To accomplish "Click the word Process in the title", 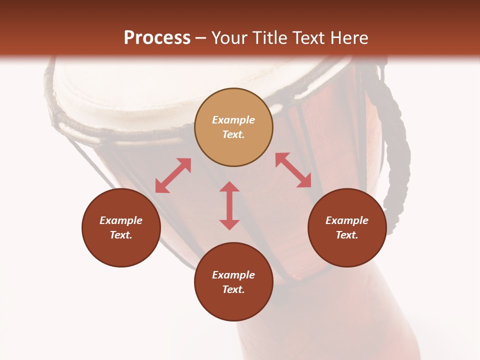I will [x=157, y=38].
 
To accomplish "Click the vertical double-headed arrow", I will [x=229, y=205].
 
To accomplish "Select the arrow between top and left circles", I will [x=173, y=175].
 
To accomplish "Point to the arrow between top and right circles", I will [x=293, y=170].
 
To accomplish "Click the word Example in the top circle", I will [x=233, y=120].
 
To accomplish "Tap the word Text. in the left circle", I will [x=121, y=235].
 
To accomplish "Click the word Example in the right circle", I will [x=347, y=220].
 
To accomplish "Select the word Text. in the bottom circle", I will [x=233, y=289].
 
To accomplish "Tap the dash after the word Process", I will [x=201, y=38].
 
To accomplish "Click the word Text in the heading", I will [x=309, y=38].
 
